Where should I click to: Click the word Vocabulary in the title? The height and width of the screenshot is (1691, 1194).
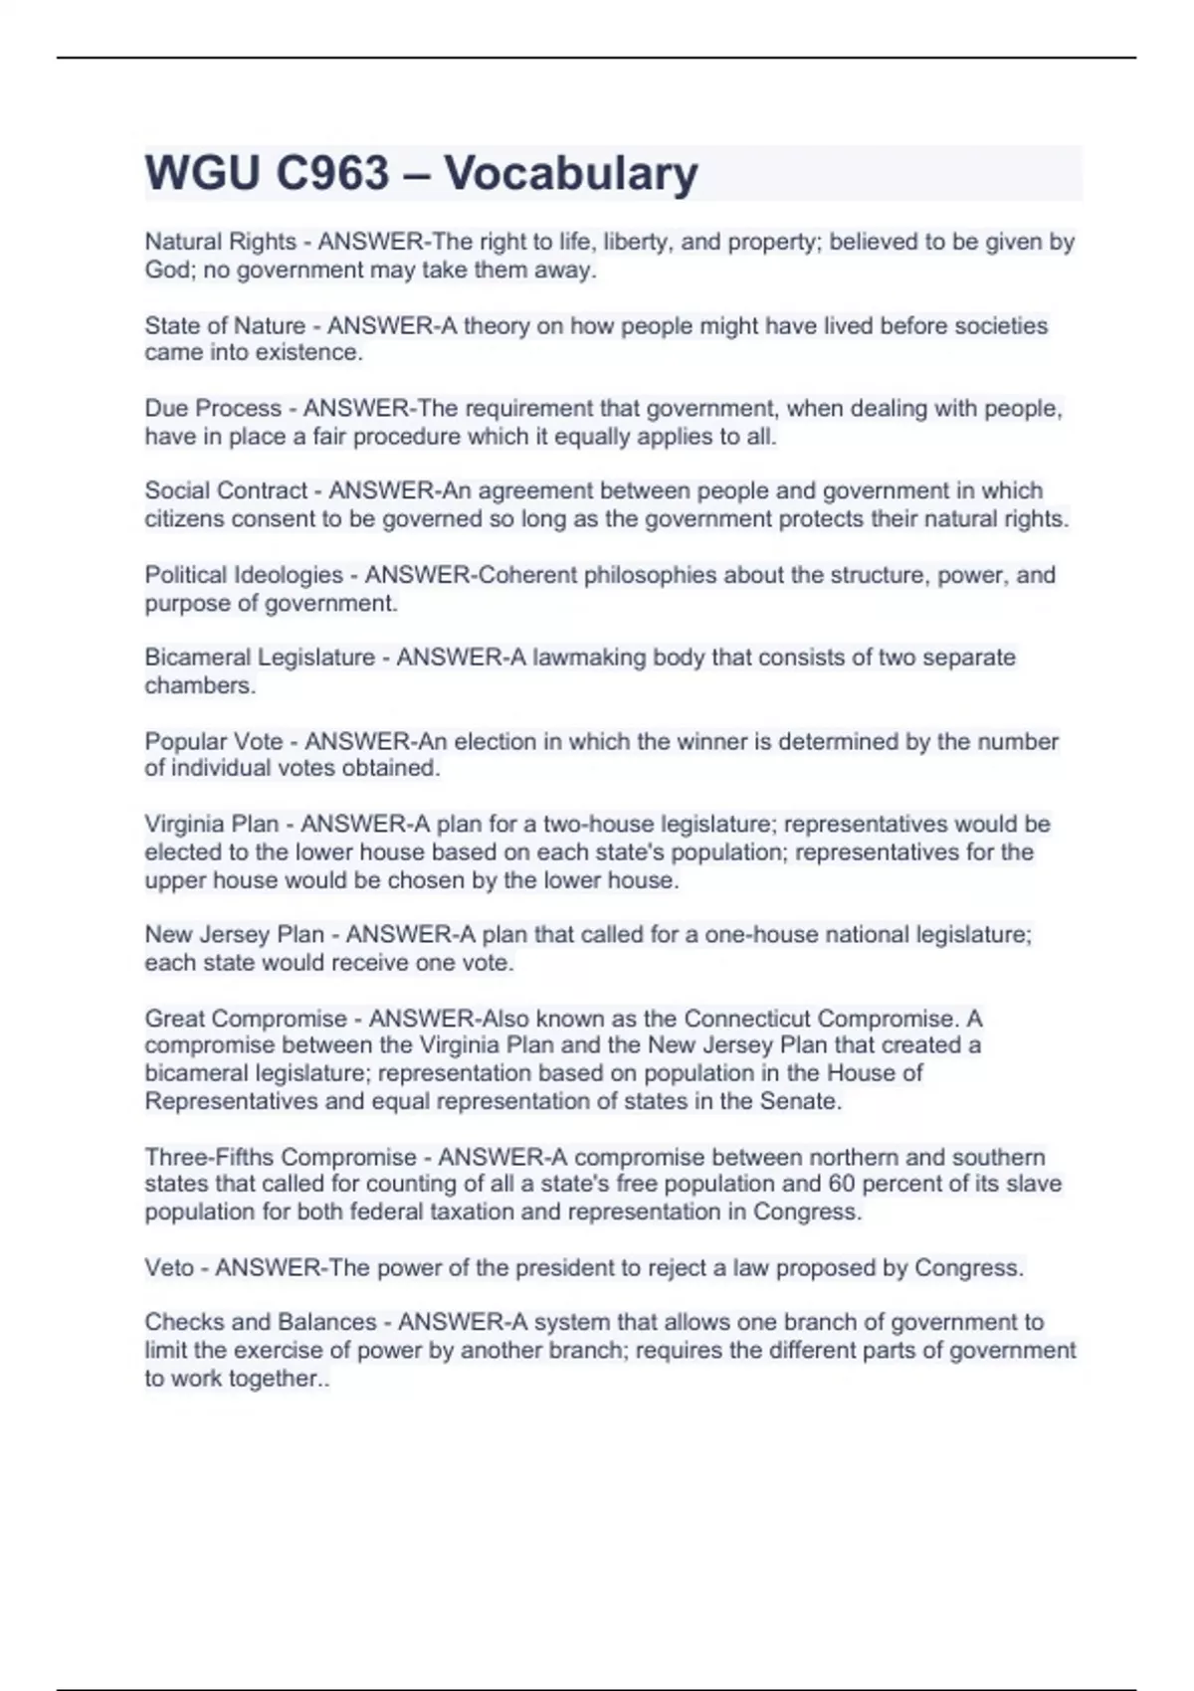(571, 173)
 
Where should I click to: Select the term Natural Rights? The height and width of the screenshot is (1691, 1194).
(221, 242)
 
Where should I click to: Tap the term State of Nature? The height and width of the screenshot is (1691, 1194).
(225, 325)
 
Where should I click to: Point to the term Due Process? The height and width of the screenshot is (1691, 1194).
(213, 408)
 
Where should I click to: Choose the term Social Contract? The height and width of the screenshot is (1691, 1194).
(226, 490)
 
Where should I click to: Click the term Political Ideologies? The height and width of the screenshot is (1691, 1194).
(244, 575)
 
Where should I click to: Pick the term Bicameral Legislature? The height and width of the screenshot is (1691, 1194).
(260, 658)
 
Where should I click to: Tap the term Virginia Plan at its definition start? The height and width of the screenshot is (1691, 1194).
(212, 824)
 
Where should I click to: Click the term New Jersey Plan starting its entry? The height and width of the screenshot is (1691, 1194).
(234, 935)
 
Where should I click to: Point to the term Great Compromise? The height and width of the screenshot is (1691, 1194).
(246, 1019)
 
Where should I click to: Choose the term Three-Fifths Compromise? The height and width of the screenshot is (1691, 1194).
(281, 1157)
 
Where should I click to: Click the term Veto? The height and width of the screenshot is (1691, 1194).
(169, 1267)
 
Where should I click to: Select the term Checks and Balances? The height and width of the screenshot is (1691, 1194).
(261, 1322)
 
